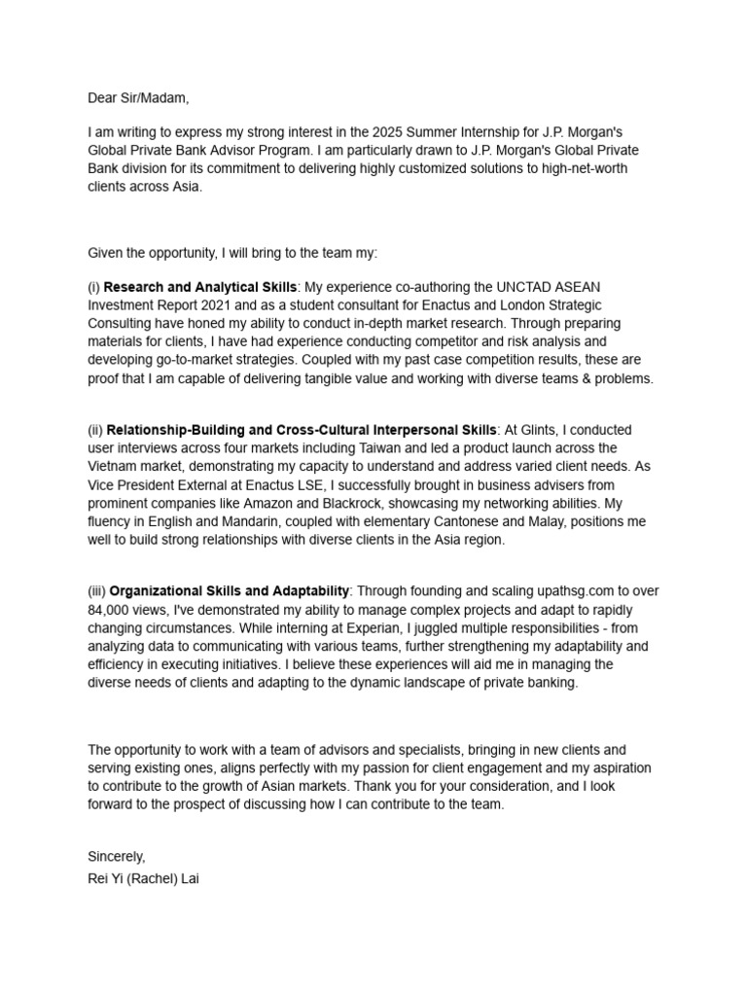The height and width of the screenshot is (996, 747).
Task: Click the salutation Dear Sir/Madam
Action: pyautogui.click(x=139, y=97)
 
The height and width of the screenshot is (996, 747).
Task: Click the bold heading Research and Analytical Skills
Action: pyautogui.click(x=199, y=287)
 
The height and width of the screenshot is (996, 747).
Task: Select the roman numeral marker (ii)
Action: pyautogui.click(x=95, y=429)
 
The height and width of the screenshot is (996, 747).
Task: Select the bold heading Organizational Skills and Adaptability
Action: pyautogui.click(x=229, y=590)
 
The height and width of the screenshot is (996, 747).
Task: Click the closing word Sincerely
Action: pyautogui.click(x=116, y=856)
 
